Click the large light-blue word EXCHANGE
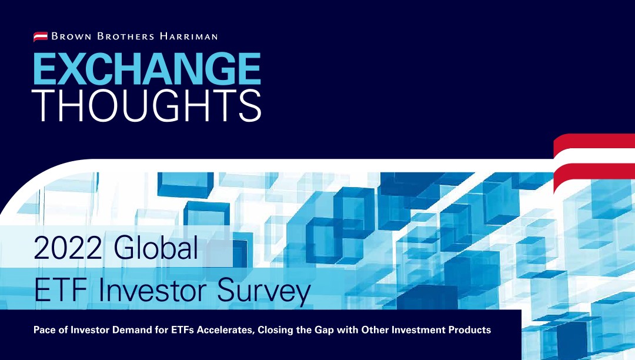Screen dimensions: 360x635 [147, 69]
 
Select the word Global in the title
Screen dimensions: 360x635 [156, 249]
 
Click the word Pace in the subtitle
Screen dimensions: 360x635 [45, 330]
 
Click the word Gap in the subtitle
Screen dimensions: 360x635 [327, 331]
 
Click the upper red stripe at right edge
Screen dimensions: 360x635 [594, 141]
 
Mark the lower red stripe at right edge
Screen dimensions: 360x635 [594, 171]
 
